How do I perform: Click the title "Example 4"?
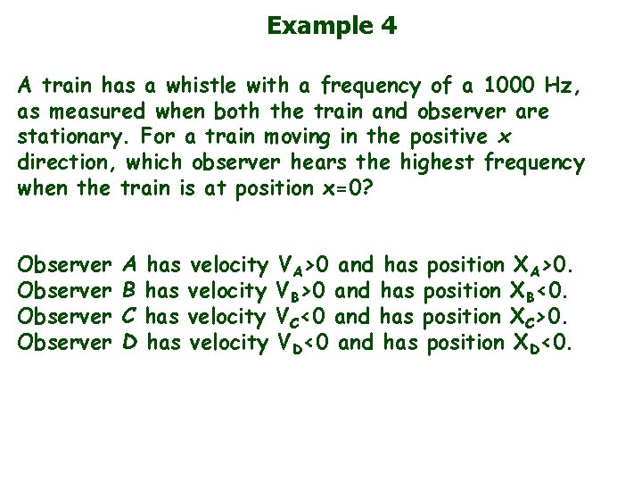(332, 25)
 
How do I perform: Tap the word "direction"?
(68, 164)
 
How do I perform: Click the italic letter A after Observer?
(129, 264)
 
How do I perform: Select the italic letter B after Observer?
(129, 290)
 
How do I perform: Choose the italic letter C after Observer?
(129, 316)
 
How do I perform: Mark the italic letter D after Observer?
(129, 342)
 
